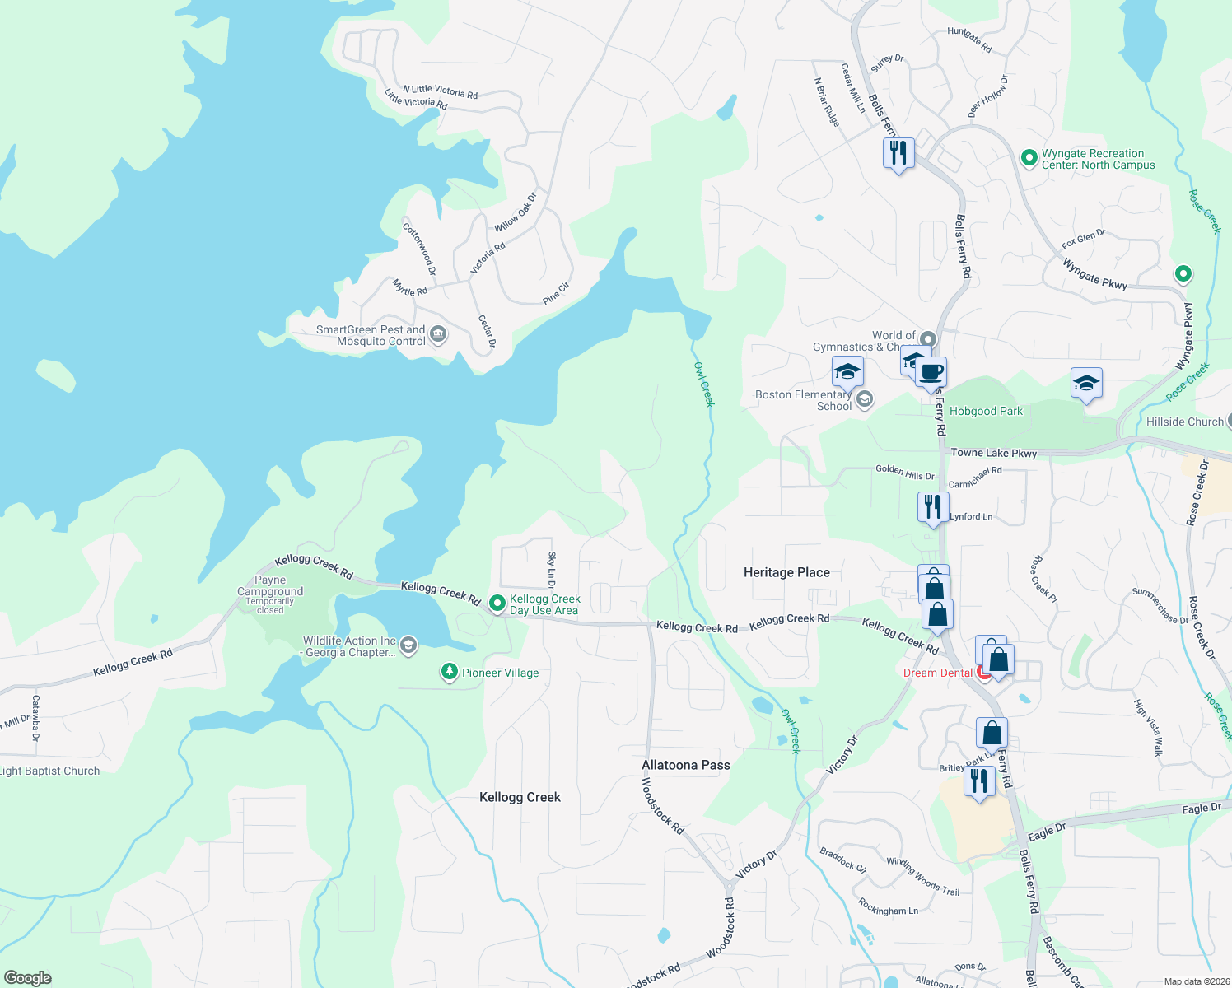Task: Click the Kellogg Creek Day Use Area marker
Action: pyautogui.click(x=497, y=604)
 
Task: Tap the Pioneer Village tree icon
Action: pyautogui.click(x=449, y=673)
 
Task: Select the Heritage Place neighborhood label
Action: pyautogui.click(x=786, y=572)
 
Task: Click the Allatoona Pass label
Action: pyautogui.click(x=686, y=765)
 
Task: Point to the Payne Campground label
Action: pyautogui.click(x=270, y=585)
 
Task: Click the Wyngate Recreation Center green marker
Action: pyautogui.click(x=1029, y=158)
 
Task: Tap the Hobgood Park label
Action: pyautogui.click(x=986, y=411)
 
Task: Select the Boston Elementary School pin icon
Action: pyautogui.click(x=864, y=400)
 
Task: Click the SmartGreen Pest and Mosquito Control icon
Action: pyautogui.click(x=438, y=334)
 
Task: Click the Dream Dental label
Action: pyautogui.click(x=937, y=673)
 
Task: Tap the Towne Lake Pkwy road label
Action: pyautogui.click(x=993, y=453)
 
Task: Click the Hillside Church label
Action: pyautogui.click(x=1184, y=422)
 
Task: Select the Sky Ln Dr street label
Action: pyautogui.click(x=552, y=569)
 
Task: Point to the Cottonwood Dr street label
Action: pyautogui.click(x=419, y=249)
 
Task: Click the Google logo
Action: pyautogui.click(x=27, y=978)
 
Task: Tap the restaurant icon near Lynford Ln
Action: pyautogui.click(x=932, y=506)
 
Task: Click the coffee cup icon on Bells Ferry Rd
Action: pyautogui.click(x=931, y=372)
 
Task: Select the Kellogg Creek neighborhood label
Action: pyautogui.click(x=520, y=797)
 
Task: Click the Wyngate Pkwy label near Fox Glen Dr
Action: pyautogui.click(x=1094, y=273)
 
